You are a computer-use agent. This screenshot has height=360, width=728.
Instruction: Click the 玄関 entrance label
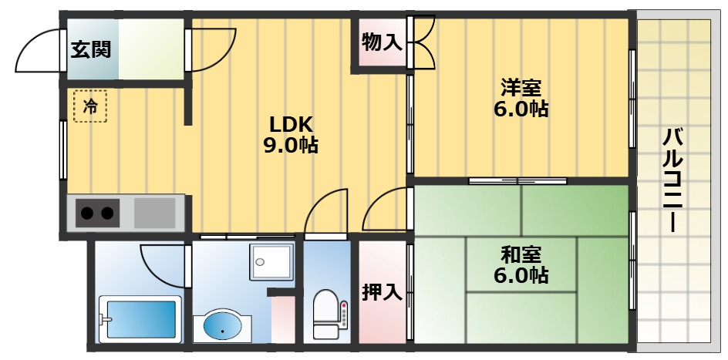pos(91,50)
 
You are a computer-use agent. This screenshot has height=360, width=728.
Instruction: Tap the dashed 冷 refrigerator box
pos(89,106)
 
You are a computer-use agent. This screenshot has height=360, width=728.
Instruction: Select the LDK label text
pos(290,123)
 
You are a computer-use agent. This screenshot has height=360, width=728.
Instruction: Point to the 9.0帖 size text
pos(290,145)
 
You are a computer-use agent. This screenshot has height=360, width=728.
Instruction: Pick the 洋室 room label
pos(521,86)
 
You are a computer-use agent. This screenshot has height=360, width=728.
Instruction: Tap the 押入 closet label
pos(381,293)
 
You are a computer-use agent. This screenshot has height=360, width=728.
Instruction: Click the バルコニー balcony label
pos(673,181)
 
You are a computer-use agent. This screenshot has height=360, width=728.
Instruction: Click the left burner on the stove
pos(87,212)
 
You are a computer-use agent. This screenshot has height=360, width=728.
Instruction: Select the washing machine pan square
pos(271,262)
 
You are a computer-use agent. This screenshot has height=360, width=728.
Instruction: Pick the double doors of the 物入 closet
pos(421,43)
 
